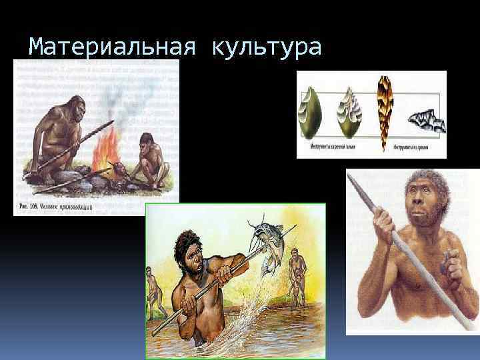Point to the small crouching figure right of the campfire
pos(149,161)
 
